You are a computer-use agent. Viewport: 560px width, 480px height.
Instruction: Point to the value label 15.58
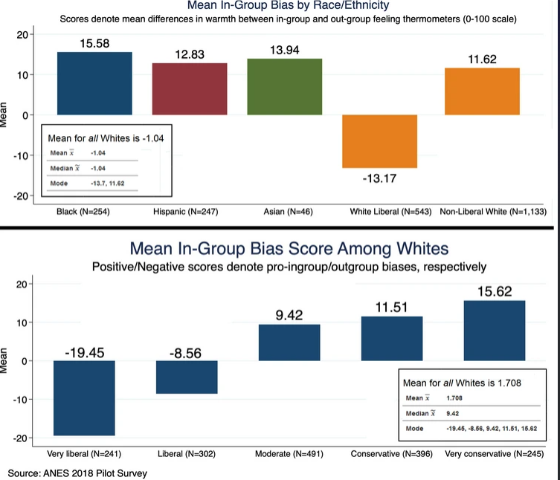[94, 44]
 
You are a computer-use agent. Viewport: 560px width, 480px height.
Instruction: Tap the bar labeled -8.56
[187, 377]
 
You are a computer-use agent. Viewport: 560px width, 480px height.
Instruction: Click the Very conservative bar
[494, 331]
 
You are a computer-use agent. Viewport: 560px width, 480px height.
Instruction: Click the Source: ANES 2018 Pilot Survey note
[73, 473]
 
